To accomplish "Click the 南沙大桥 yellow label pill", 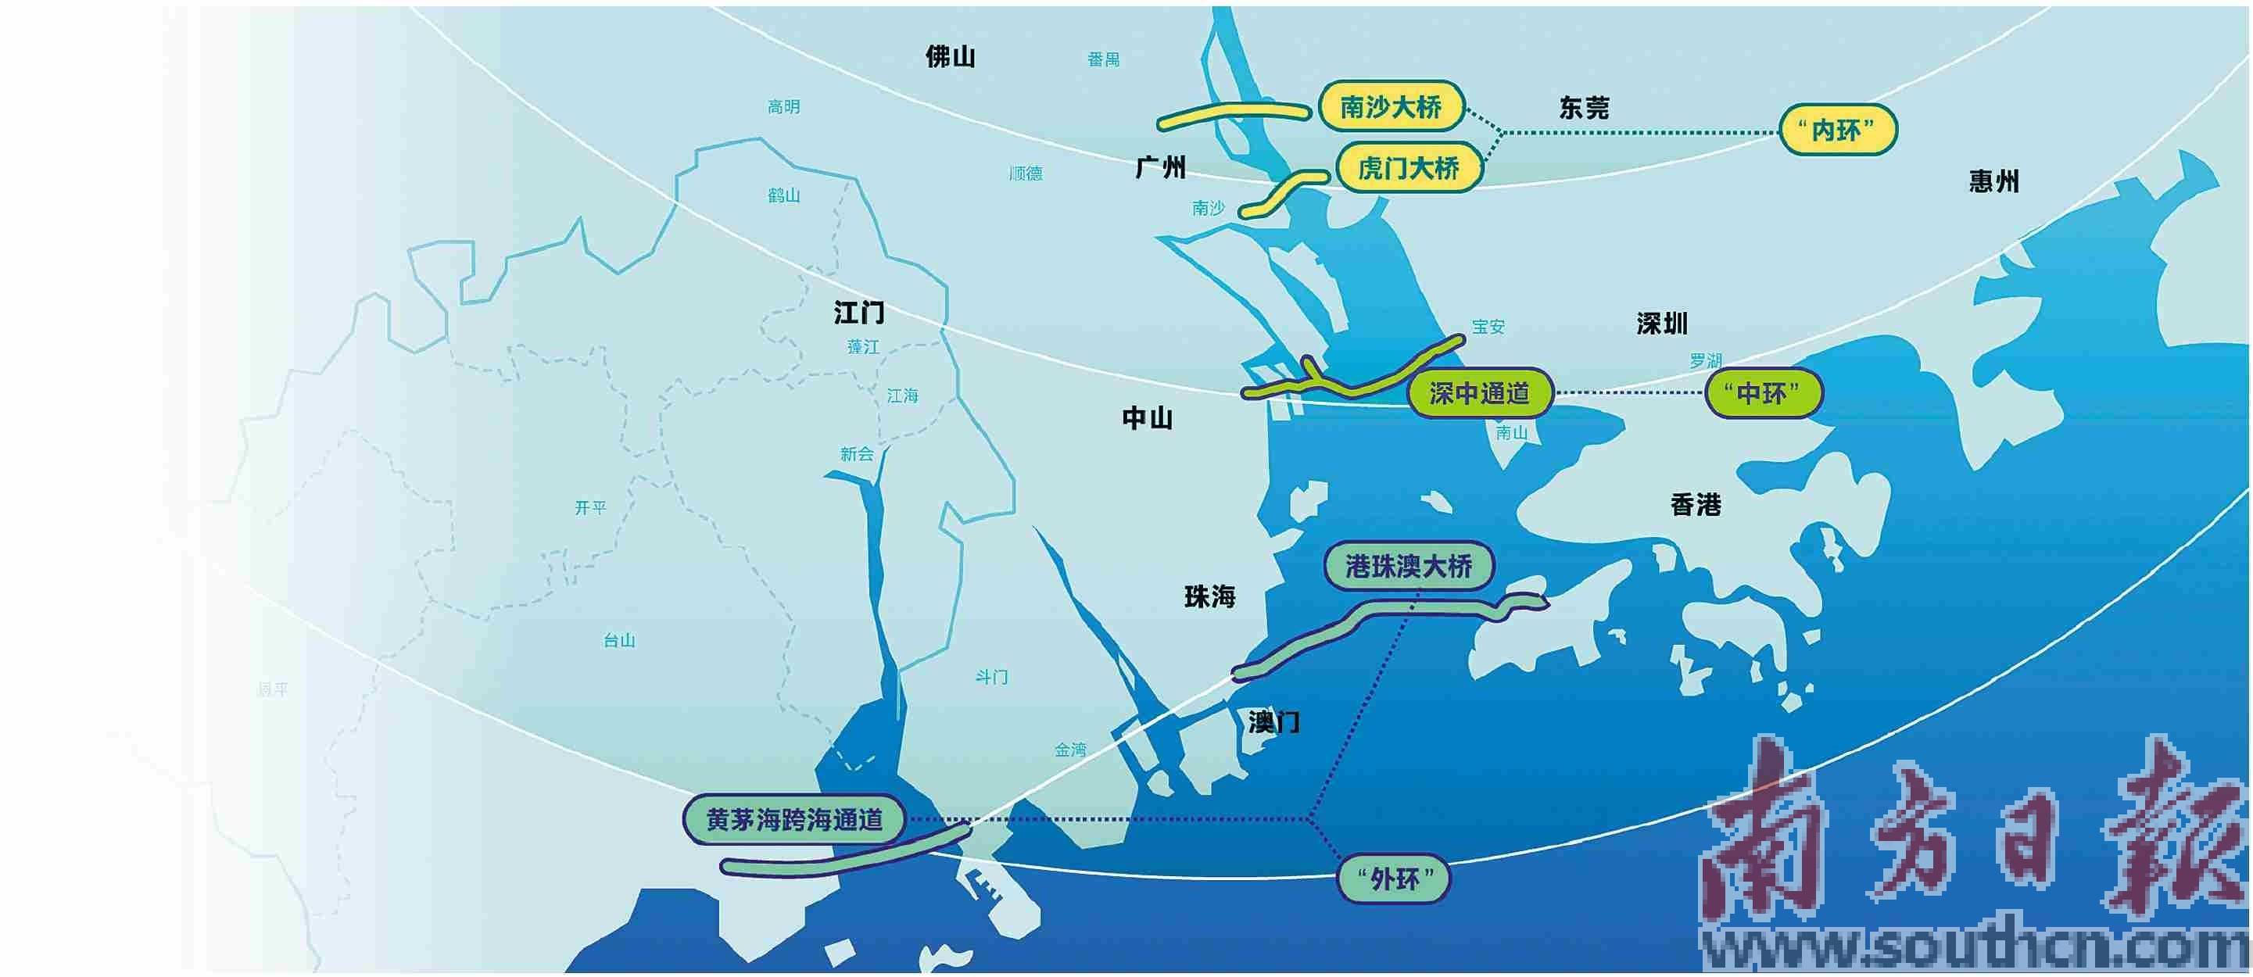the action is click(x=1391, y=108).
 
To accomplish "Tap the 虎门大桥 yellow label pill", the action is click(x=1408, y=167).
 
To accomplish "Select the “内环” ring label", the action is click(x=1838, y=131).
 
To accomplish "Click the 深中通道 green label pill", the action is click(x=1480, y=394).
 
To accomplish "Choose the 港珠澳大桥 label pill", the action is click(x=1408, y=567).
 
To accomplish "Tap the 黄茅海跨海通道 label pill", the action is click(x=794, y=820).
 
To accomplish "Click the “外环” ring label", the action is click(x=1393, y=879).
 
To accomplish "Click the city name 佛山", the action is click(x=951, y=57).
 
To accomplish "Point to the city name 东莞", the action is click(x=1584, y=109).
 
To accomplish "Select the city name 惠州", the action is click(x=1994, y=182).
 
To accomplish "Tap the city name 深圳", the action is click(x=1662, y=324).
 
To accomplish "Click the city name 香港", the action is click(x=1696, y=505).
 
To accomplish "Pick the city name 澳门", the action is click(x=1273, y=722).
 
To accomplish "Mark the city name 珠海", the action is click(x=1209, y=597).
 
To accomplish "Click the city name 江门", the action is click(x=859, y=313).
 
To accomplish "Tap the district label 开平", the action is click(x=590, y=507).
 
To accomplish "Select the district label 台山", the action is click(x=619, y=640).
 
